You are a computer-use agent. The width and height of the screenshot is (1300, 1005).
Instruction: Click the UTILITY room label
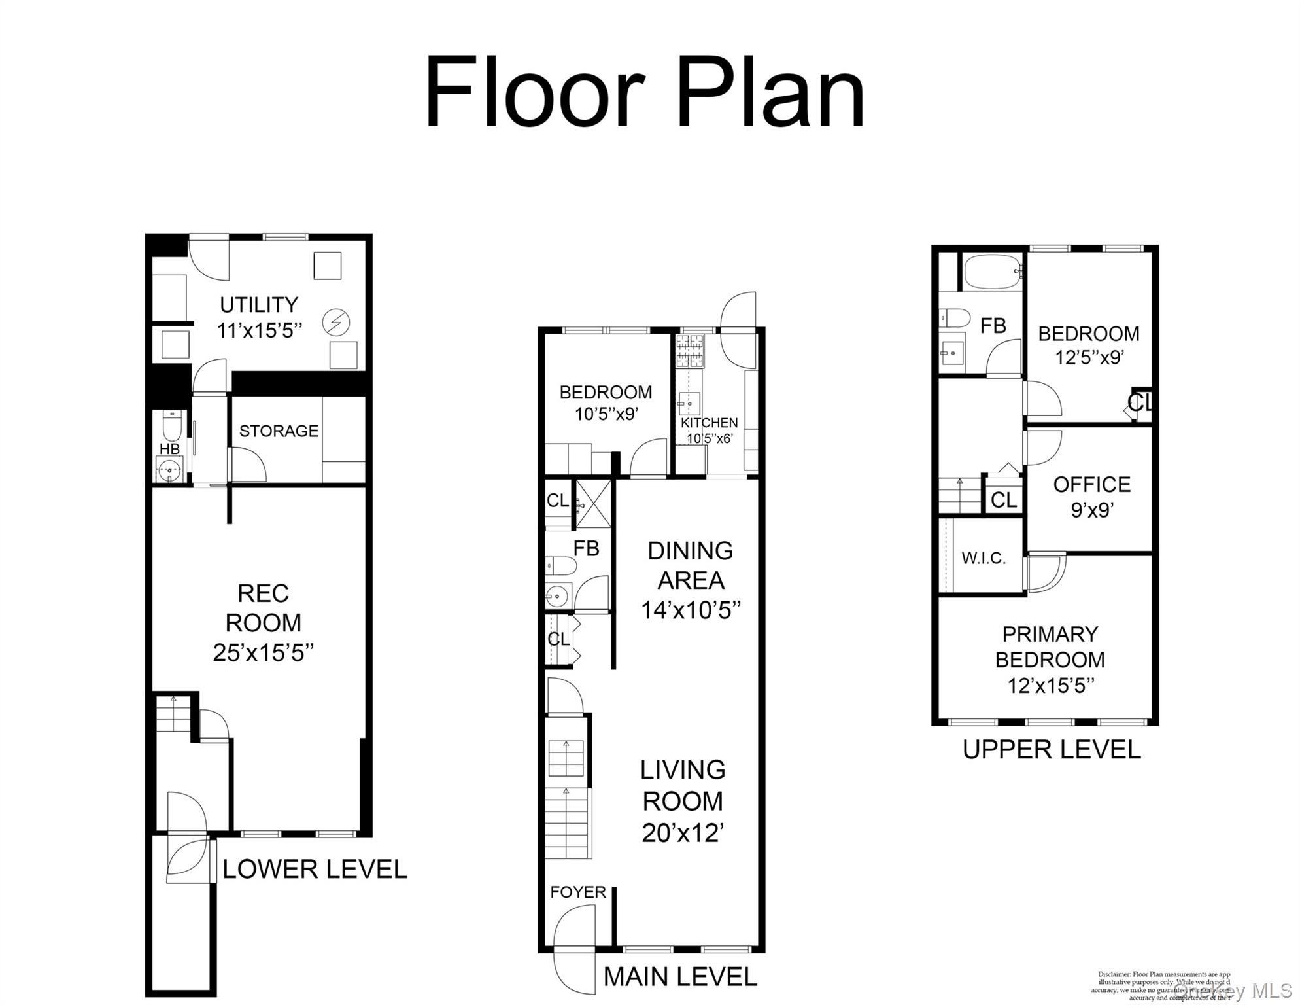(259, 305)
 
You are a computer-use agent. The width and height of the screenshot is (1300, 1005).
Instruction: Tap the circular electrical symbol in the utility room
(336, 322)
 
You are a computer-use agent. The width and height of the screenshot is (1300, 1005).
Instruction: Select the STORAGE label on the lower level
(279, 431)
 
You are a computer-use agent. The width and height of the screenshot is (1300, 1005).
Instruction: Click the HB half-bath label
(169, 449)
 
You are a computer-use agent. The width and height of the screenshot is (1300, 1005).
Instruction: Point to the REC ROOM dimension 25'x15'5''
(263, 653)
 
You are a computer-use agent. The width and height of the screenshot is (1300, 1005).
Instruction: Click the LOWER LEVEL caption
(315, 870)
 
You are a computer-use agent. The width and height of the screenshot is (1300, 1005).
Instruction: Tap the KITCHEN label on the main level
(709, 423)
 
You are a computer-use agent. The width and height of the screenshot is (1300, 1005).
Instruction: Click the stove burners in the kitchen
(689, 351)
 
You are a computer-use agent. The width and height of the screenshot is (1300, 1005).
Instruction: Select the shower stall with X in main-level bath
(593, 503)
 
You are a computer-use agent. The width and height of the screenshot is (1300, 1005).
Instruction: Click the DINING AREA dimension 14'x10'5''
(691, 610)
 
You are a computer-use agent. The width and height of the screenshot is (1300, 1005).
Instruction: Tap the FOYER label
(578, 892)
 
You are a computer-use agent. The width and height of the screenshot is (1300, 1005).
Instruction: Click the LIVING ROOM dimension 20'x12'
(683, 833)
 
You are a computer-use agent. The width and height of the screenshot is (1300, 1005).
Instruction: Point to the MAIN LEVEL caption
(680, 977)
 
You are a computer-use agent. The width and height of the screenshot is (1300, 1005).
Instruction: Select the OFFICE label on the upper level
(1091, 485)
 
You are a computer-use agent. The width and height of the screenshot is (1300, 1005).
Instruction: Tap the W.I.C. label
(984, 558)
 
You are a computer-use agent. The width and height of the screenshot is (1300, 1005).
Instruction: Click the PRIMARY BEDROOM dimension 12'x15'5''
(1050, 686)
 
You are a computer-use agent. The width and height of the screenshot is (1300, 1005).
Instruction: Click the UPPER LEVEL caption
(1052, 749)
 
